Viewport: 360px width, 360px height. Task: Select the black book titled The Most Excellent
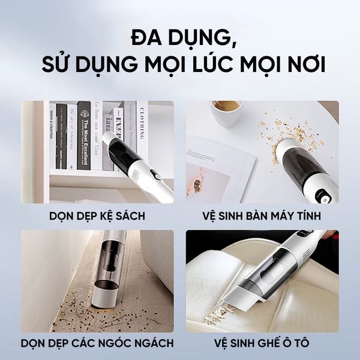click(x=83, y=135)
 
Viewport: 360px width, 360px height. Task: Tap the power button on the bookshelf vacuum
click(x=155, y=176)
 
